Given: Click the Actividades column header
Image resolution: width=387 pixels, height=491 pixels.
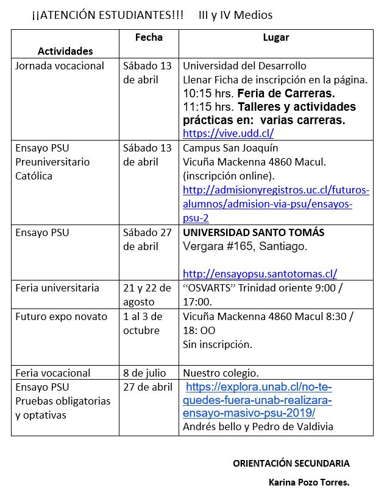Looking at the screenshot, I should tap(65, 51).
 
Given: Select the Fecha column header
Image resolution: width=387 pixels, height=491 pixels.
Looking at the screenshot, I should tap(149, 38).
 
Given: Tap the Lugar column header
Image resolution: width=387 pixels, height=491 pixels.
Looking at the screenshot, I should tap(276, 38).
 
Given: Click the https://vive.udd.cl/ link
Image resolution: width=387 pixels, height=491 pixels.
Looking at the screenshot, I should tap(229, 133).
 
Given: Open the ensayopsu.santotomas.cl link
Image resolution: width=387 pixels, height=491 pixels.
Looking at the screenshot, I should tap(260, 274).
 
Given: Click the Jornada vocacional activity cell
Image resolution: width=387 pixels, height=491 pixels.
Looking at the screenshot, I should tap(60, 66).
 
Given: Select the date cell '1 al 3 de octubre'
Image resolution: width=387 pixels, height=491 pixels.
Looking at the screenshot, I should tap(144, 324).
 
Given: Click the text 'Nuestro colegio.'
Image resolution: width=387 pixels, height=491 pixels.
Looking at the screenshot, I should tap(221, 373).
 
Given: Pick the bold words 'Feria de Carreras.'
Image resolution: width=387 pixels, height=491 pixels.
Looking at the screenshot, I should tap(286, 94).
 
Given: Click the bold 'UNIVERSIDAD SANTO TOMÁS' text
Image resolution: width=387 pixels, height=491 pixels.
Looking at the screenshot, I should tap(254, 232).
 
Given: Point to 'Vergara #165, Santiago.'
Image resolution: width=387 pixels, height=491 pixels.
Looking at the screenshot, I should tap(245, 246).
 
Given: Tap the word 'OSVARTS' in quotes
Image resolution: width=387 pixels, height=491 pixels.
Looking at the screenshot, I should tap(212, 288).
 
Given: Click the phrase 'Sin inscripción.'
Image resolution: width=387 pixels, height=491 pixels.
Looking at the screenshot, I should tap(218, 344).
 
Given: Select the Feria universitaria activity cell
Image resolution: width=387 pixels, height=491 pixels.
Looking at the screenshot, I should tap(57, 288).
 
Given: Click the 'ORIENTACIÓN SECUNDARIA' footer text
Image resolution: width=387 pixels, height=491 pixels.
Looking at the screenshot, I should tap(291, 463).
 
